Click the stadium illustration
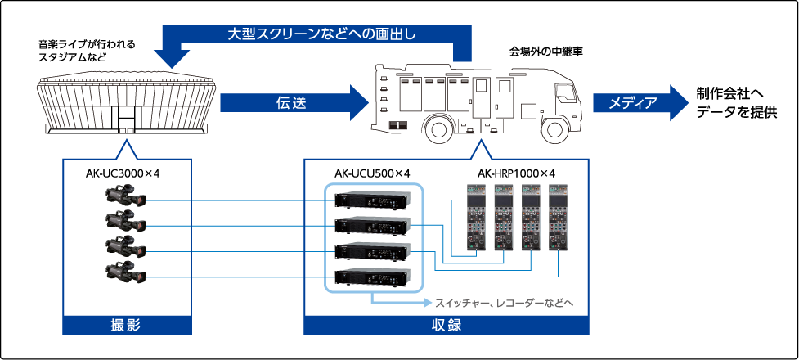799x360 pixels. (127, 106)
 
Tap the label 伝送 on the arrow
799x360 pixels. (285, 102)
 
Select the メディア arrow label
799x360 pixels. (631, 102)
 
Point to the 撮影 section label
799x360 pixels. (126, 325)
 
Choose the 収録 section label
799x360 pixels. (446, 325)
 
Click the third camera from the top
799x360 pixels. (125, 248)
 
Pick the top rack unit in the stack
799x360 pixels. (374, 200)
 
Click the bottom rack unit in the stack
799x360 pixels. (374, 277)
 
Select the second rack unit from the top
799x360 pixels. (374, 226)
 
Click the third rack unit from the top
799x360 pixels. (374, 251)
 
